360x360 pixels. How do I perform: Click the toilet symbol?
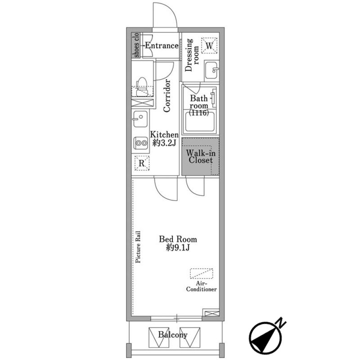coord(142,86)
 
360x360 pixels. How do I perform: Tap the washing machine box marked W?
coord(209,46)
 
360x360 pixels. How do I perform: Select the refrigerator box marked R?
coord(142,163)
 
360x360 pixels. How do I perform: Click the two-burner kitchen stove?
coord(141,143)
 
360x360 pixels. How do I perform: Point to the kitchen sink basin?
coord(140,119)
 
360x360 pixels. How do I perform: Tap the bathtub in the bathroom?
coord(200,121)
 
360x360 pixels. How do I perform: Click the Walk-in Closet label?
coord(200,156)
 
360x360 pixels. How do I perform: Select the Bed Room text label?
coord(178,239)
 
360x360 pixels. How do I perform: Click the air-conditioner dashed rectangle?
coord(202,274)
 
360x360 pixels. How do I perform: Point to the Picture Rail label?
coord(138,247)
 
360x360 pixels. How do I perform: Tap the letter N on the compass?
coord(281,323)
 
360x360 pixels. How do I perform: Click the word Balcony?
coord(173,335)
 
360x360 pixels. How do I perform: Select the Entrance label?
coord(162,45)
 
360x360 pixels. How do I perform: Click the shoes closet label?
coord(136,45)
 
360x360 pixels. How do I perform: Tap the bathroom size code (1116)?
coord(199,113)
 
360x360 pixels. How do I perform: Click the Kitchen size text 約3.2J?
coord(164,143)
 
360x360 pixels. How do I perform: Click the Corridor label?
coord(167,95)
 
